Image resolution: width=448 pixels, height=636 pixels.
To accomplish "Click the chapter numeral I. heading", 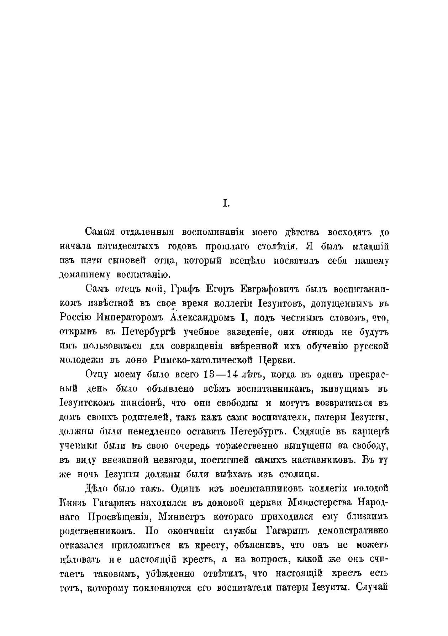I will [x=226, y=204].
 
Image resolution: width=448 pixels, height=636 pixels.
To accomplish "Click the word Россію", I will [x=76, y=317].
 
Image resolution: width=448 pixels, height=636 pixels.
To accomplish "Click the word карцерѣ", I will [x=370, y=431].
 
